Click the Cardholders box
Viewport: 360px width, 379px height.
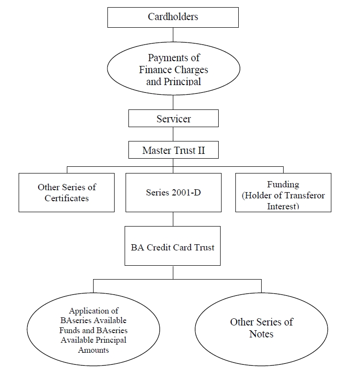(173, 17)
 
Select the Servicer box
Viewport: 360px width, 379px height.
(173, 118)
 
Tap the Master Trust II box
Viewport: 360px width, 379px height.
(173, 150)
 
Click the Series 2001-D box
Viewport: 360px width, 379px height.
(173, 193)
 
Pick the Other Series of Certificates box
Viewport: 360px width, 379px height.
(66, 193)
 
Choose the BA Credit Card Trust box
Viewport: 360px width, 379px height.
(172, 246)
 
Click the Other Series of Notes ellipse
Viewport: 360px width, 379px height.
(261, 329)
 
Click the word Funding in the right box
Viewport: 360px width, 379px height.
(283, 184)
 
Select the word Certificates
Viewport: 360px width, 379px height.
(67, 198)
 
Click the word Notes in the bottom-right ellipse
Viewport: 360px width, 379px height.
(261, 334)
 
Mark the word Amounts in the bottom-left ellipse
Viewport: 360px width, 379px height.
(94, 350)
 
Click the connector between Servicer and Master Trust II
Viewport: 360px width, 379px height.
(173, 134)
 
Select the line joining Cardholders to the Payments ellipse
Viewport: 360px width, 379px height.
(173, 35)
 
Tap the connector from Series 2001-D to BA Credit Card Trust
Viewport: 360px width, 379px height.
(173, 219)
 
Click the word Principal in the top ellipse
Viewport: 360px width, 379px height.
(182, 82)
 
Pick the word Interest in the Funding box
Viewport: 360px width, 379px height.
(283, 206)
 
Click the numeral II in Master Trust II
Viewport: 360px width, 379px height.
(201, 151)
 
